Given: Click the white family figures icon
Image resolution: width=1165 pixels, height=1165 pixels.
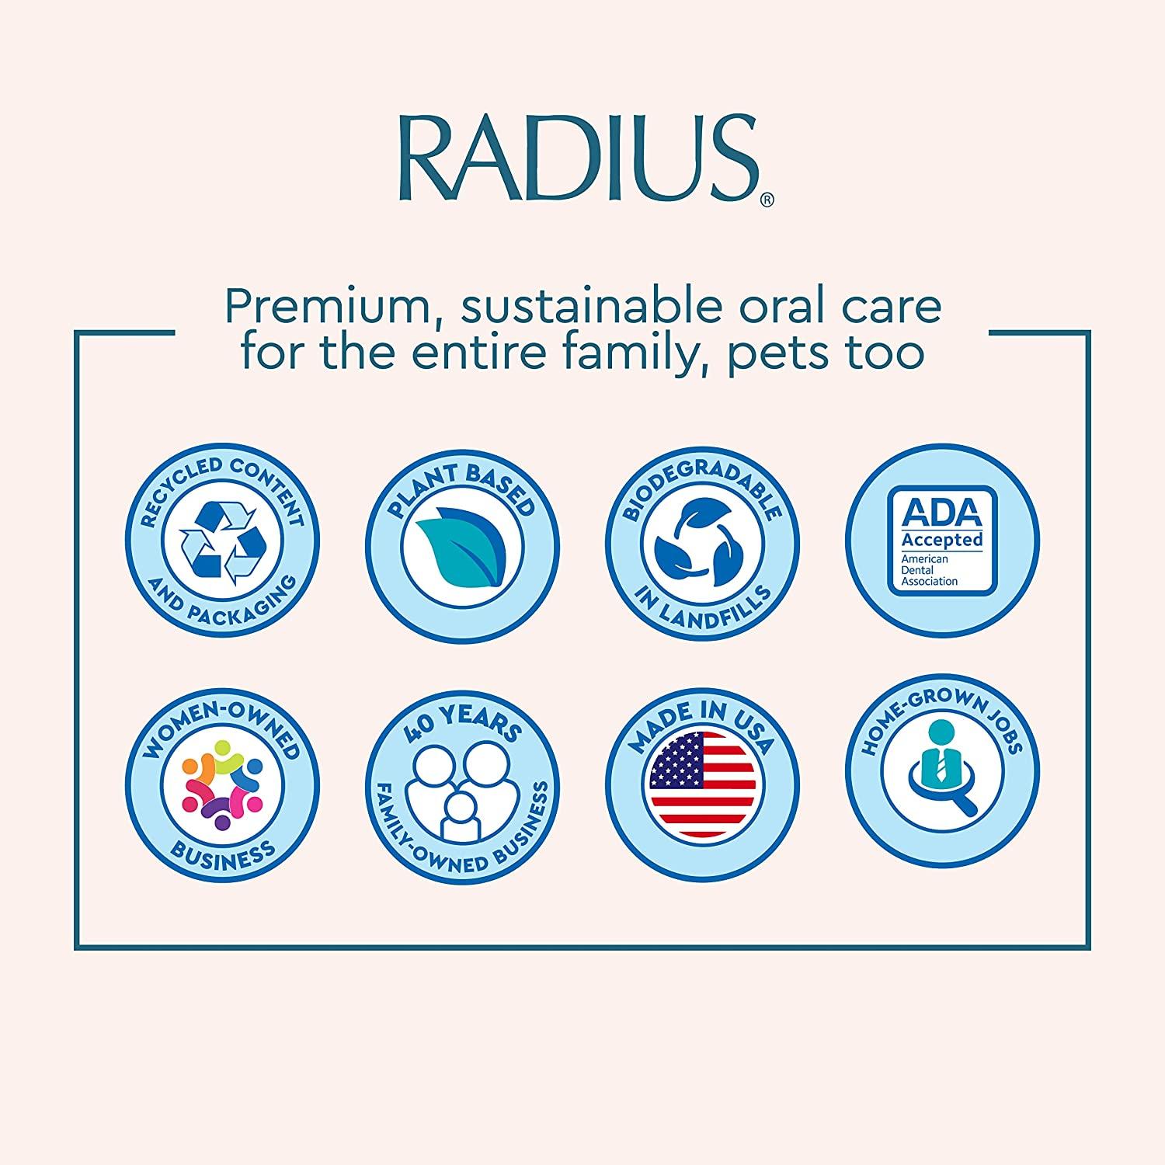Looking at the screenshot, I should [463, 788].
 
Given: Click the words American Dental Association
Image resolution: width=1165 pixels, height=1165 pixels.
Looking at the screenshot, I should [930, 570].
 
